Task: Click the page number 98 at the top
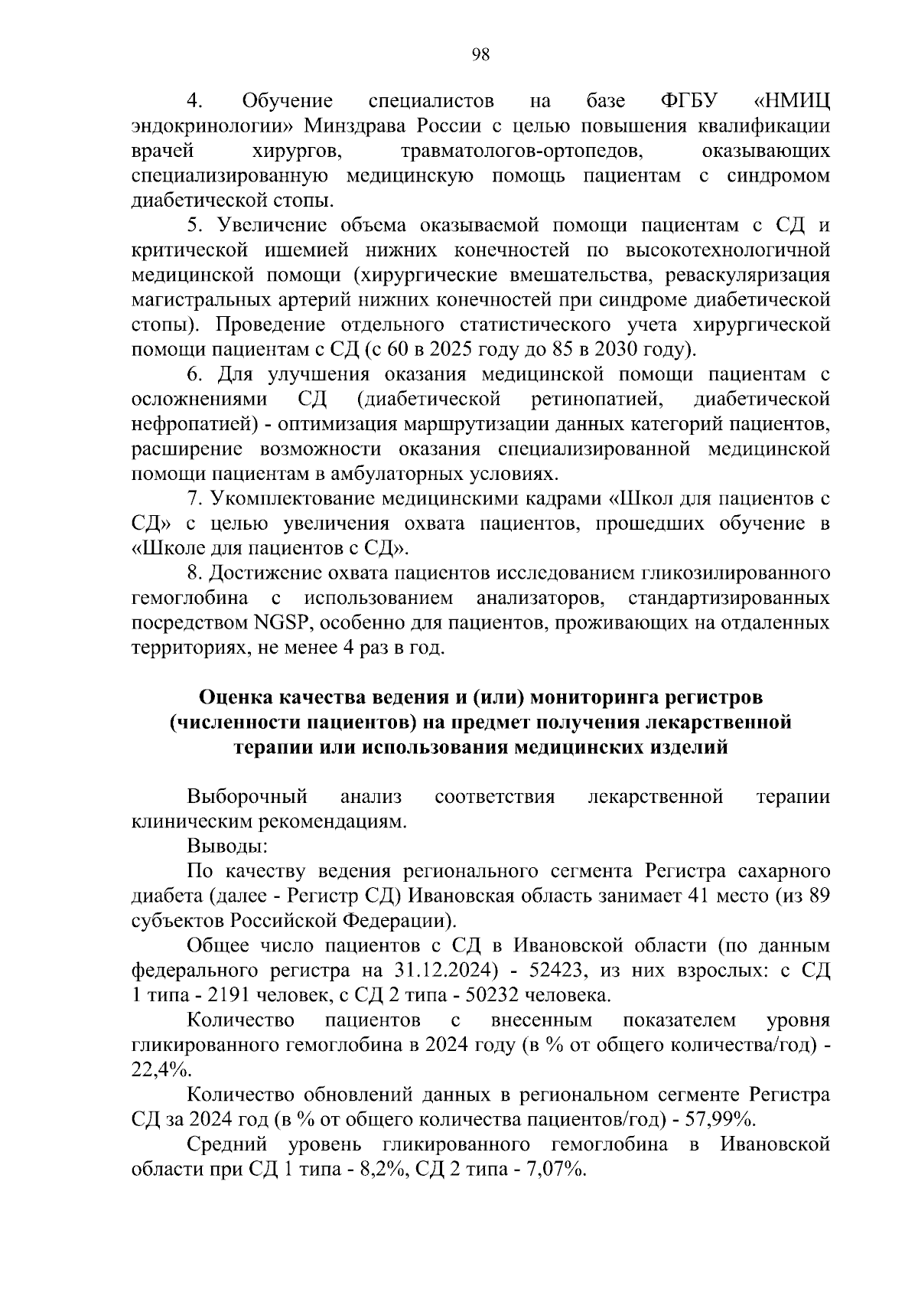(x=480, y=54)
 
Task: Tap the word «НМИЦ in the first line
(x=791, y=101)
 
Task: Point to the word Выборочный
(x=247, y=797)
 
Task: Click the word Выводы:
(x=227, y=847)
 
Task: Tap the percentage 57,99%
(x=718, y=1120)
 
